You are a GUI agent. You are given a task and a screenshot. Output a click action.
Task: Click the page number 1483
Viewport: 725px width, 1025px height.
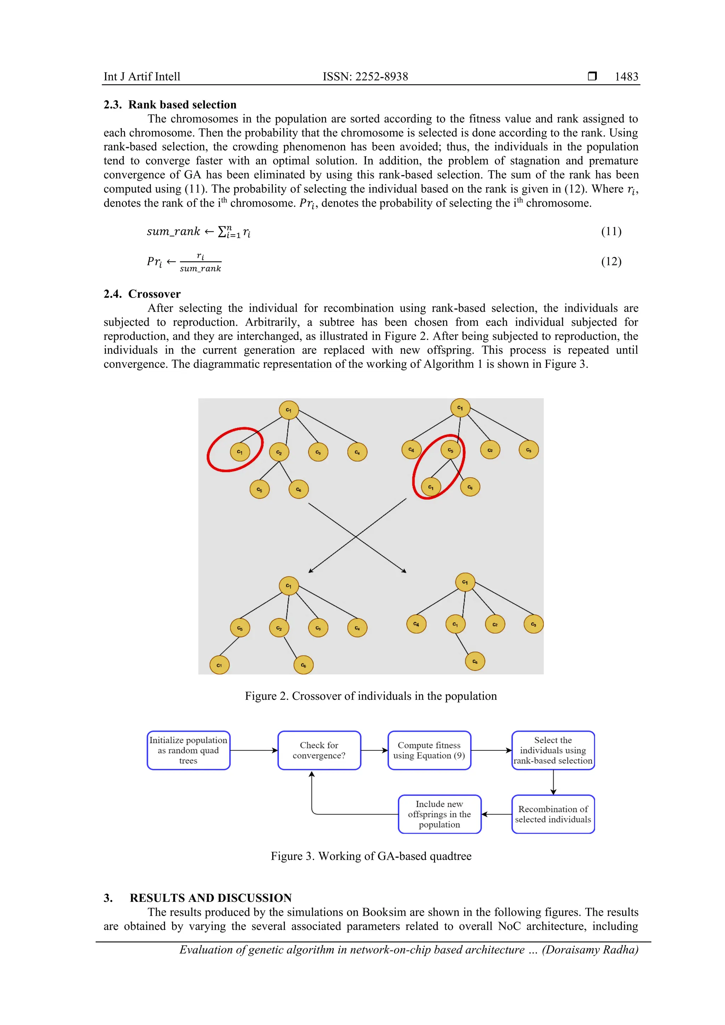click(x=626, y=76)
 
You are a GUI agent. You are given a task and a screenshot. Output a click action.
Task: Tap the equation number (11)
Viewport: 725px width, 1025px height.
click(x=611, y=231)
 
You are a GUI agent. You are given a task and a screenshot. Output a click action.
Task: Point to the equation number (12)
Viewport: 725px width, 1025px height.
click(x=611, y=261)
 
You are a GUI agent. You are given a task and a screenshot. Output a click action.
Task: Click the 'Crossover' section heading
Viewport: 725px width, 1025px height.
click(x=154, y=294)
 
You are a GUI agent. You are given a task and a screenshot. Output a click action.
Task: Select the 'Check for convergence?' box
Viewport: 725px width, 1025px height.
click(x=319, y=750)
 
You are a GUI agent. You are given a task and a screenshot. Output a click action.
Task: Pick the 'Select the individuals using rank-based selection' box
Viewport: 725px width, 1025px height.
click(x=553, y=750)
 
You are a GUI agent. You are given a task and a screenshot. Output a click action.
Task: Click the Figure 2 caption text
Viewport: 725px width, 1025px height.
click(x=371, y=696)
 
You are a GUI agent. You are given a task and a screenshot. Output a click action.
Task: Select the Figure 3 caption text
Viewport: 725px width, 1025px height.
click(x=371, y=856)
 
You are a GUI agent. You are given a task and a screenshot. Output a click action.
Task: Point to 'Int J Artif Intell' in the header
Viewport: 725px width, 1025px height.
click(x=142, y=76)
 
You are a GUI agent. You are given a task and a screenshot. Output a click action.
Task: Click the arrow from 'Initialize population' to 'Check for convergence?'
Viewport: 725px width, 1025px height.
click(x=254, y=750)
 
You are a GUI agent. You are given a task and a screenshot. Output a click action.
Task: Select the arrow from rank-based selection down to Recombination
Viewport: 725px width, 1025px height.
click(x=553, y=782)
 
